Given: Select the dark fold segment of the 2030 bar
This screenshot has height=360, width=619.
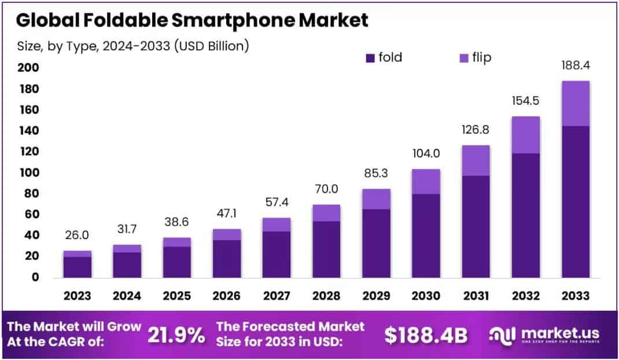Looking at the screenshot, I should click(426, 236).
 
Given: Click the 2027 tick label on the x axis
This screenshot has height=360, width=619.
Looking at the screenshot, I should click(276, 296).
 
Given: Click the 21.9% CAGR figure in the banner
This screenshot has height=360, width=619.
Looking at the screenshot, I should click(176, 334).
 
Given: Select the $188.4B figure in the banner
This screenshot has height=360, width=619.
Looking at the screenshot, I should click(426, 334).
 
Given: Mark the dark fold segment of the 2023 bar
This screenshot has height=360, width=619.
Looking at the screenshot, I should click(78, 267).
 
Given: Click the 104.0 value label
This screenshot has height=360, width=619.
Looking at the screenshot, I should click(426, 154).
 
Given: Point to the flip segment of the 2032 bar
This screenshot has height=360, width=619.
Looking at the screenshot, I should click(525, 135).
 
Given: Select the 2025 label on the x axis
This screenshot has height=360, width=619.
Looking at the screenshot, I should click(176, 296).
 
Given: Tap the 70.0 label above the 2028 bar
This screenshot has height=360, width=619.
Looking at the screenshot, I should click(326, 189).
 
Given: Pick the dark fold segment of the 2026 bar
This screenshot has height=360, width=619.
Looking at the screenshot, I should click(226, 259).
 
